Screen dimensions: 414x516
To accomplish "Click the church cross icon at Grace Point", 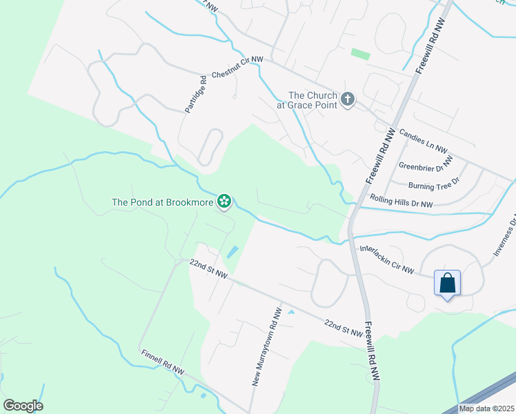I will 347,100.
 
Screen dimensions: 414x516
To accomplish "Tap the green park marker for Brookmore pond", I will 224,202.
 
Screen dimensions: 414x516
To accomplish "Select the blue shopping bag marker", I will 447,283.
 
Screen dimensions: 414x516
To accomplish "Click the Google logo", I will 23,406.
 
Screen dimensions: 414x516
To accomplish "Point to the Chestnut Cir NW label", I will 237,66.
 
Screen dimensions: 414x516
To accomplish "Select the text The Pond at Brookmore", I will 163,203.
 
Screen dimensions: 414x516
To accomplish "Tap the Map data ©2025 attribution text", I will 486,408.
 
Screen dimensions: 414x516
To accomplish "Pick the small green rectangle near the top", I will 360,53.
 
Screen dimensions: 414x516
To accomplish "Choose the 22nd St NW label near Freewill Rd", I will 344,328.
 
